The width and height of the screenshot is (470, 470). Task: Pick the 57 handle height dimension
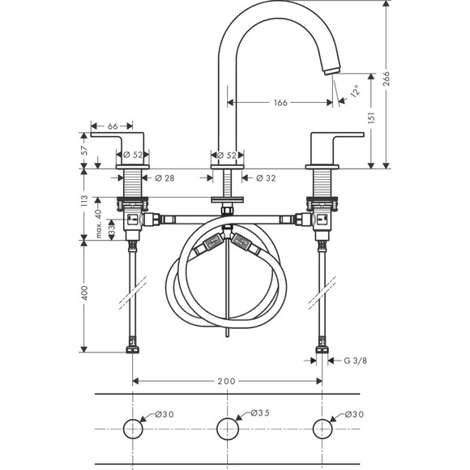tap(83, 151)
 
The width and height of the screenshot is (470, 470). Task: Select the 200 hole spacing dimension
tap(227, 380)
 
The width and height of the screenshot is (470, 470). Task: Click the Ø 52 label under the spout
tap(227, 155)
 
